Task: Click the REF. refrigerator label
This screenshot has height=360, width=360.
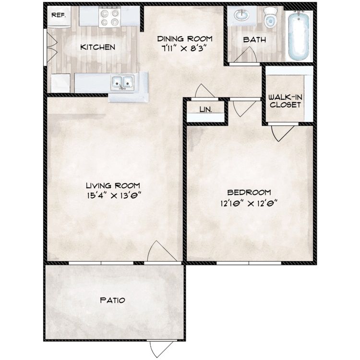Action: click(59, 15)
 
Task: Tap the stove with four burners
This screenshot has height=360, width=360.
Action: click(110, 17)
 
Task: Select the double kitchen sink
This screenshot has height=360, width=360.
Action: click(122, 83)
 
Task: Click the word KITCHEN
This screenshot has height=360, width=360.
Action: click(97, 48)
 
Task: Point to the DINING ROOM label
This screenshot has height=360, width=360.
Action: click(185, 39)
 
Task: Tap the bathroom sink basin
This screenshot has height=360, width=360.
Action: click(241, 16)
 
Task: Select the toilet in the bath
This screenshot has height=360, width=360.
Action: click(270, 17)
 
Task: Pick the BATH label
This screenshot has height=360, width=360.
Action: click(254, 40)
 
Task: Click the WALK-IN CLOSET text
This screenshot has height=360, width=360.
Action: click(286, 101)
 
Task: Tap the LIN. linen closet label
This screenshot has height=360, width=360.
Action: click(206, 110)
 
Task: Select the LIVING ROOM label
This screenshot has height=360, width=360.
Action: click(113, 185)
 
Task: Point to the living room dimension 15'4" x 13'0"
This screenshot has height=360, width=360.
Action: click(114, 196)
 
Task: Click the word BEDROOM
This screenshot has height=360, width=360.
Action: click(249, 192)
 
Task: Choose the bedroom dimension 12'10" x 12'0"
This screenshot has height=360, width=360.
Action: click(249, 203)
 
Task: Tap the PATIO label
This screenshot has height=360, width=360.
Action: click(112, 300)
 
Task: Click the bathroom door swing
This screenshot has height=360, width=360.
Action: click(245, 54)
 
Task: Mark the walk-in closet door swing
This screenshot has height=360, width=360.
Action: click(282, 133)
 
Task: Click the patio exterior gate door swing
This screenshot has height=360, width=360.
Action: click(161, 349)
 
